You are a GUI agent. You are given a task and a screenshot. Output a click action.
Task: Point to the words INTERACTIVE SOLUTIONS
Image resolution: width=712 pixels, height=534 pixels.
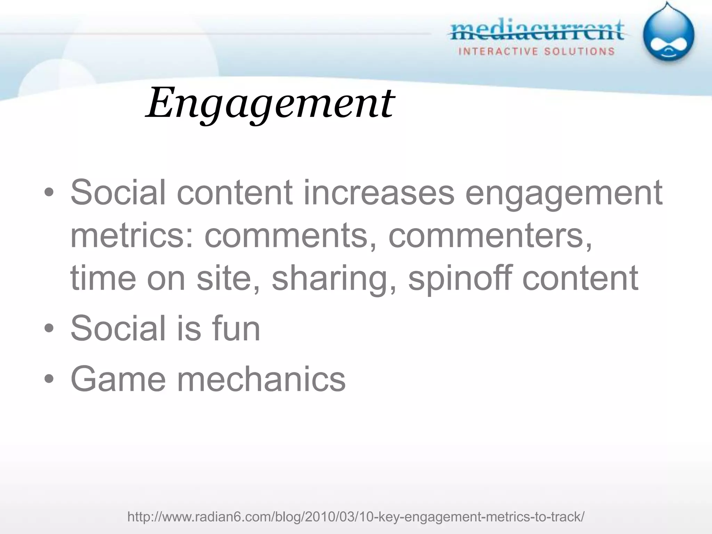pos(536,52)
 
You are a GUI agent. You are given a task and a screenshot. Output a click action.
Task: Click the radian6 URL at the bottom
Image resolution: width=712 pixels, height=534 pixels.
pos(356,517)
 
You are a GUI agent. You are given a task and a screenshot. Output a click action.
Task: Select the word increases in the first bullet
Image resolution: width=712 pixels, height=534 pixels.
pos(379,192)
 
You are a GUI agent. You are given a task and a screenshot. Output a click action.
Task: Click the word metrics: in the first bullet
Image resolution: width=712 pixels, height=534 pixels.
pos(132,235)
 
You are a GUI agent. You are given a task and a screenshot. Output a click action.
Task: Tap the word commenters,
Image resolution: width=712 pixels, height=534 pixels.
pos(490,235)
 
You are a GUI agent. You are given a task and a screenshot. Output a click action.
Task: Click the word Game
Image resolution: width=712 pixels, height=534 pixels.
pos(118,379)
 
